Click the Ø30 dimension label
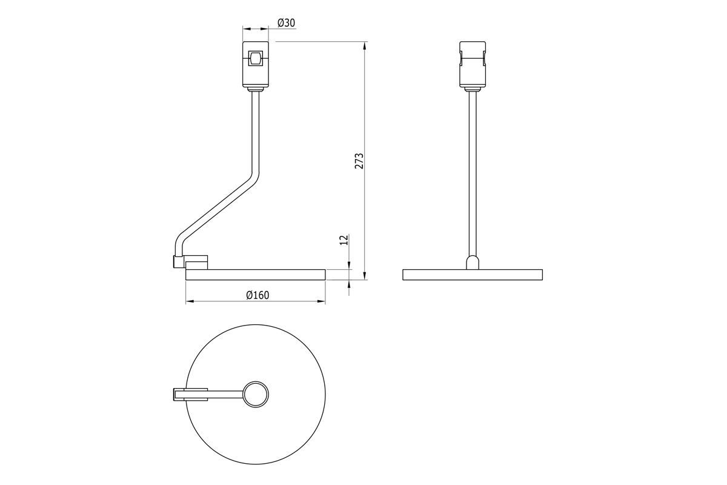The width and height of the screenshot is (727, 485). (x=286, y=23)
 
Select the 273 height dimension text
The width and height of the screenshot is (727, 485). (x=359, y=161)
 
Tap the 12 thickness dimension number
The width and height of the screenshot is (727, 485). (x=344, y=239)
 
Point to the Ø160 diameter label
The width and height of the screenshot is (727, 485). (x=257, y=295)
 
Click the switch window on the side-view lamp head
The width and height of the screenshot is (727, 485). (x=255, y=58)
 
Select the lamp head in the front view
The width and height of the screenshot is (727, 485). (x=473, y=64)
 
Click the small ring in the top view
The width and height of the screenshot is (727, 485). (x=256, y=395)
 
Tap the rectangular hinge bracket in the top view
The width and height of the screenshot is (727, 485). (x=190, y=395)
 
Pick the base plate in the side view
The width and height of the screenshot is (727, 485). (x=256, y=275)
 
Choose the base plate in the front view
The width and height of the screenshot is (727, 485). (x=473, y=275)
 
